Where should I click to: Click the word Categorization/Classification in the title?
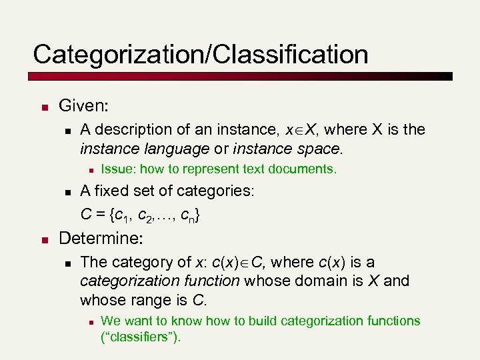point(200,54)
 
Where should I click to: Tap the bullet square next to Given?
point(42,107)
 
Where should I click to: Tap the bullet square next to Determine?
point(42,239)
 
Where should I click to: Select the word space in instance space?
point(320,147)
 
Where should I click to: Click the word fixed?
point(110,191)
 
